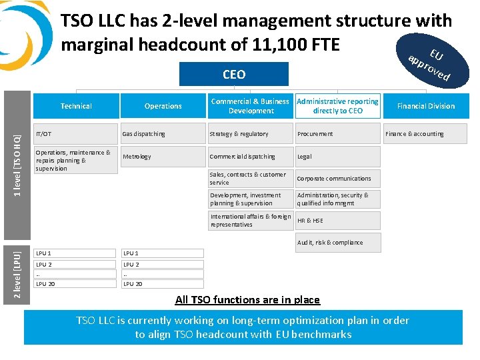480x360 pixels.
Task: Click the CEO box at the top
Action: tap(233, 75)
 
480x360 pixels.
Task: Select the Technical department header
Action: tap(76, 106)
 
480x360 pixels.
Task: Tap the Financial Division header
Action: tap(425, 106)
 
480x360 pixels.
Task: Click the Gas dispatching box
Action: tap(162, 134)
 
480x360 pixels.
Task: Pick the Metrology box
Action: tap(162, 157)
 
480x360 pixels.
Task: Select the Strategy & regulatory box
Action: tap(250, 134)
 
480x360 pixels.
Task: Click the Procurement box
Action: tap(338, 134)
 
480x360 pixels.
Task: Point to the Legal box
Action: tap(338, 157)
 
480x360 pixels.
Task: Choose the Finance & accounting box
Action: tap(425, 134)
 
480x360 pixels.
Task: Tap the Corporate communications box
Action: tap(338, 179)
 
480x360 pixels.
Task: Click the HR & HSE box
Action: tap(338, 221)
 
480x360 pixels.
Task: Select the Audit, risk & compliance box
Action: tap(338, 243)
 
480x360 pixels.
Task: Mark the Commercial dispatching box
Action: tap(250, 157)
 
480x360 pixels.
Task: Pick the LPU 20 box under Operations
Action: tap(162, 284)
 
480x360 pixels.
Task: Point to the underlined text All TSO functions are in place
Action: tap(247, 300)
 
